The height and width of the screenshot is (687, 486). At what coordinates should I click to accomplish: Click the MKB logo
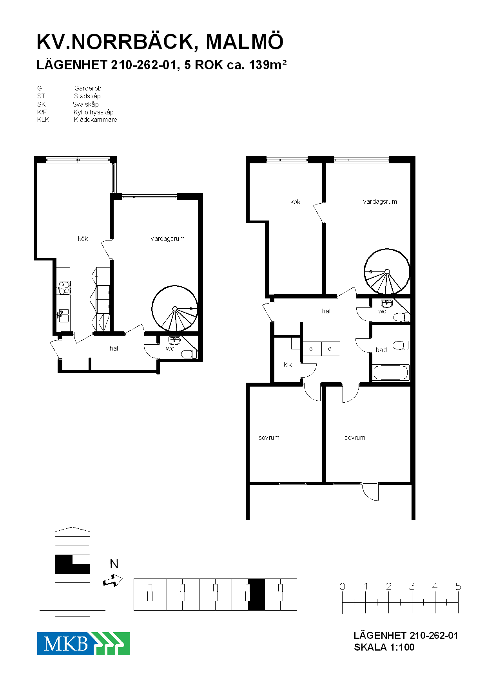click(83, 644)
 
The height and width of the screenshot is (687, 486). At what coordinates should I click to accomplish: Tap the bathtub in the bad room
click(391, 372)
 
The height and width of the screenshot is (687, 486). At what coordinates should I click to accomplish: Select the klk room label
click(288, 364)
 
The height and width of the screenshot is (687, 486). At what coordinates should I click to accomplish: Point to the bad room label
click(381, 350)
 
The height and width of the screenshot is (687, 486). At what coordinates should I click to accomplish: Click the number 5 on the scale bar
click(458, 586)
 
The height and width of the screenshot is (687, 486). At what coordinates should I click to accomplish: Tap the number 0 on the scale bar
click(342, 586)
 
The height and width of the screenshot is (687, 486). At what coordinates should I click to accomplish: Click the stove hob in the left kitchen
click(64, 287)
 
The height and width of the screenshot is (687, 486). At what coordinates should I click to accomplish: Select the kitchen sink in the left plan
click(63, 316)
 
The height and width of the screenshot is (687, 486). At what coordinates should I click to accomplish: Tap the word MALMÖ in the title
click(245, 42)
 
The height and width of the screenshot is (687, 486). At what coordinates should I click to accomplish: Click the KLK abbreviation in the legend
click(43, 119)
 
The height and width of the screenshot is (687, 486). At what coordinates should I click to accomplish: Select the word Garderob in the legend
click(88, 88)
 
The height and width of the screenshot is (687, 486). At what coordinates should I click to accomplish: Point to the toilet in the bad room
click(401, 345)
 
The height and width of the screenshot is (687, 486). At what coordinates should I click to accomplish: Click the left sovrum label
click(269, 438)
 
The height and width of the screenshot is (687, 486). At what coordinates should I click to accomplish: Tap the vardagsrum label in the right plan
click(380, 202)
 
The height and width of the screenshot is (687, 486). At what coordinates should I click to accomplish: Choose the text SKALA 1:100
click(384, 647)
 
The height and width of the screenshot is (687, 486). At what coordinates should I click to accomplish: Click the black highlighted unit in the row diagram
click(256, 594)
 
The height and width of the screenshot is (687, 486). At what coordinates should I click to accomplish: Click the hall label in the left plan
click(114, 348)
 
